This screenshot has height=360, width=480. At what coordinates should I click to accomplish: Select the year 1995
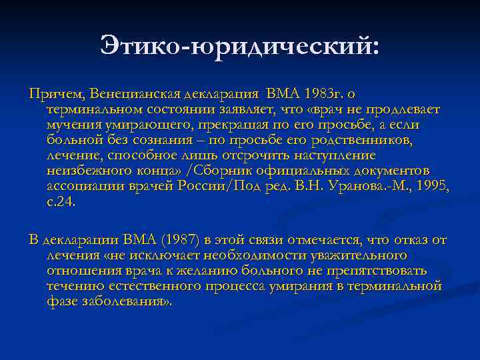coord(431,186)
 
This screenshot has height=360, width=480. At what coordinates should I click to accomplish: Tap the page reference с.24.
coord(61,201)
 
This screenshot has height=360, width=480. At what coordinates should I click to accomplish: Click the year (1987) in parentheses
coord(183,240)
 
